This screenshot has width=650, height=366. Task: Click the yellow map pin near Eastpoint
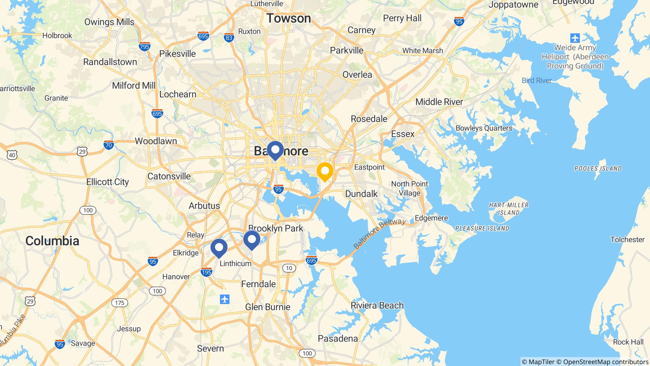325,172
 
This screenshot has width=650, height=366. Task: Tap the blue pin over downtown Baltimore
275,150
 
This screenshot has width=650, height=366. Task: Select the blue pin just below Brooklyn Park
252,239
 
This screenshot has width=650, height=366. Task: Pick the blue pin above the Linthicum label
219,247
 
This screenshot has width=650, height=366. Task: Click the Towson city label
289,18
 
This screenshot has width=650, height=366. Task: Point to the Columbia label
52,241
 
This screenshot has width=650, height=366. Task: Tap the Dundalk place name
361,194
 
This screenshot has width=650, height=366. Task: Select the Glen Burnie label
268,307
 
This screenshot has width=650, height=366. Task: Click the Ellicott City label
108,182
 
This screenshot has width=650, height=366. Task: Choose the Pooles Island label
598,168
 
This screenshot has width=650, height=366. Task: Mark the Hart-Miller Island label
508,209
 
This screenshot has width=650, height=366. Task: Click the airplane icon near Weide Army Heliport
575,38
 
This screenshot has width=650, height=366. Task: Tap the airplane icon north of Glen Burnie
224,299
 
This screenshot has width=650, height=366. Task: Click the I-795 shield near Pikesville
144,46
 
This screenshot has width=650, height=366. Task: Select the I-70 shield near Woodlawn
109,145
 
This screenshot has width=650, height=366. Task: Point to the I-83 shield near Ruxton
229,37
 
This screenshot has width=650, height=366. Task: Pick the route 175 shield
120,303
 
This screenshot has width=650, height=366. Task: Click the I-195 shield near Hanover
206,272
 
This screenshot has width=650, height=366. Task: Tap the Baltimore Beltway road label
379,234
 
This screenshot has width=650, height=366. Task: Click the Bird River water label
536,80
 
